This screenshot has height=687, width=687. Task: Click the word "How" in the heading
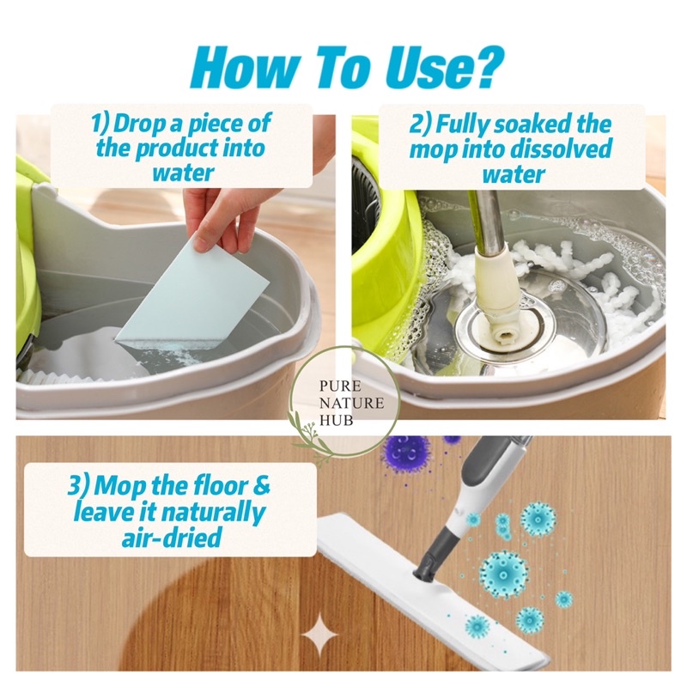(243, 68)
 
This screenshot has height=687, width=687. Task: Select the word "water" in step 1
(183, 173)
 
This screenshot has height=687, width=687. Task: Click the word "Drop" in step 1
(141, 123)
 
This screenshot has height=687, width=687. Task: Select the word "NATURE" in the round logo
(352, 403)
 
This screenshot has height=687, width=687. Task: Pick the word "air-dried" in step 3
(171, 538)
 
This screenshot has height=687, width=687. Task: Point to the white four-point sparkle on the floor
(319, 635)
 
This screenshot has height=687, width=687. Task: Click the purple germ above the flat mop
(405, 453)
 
